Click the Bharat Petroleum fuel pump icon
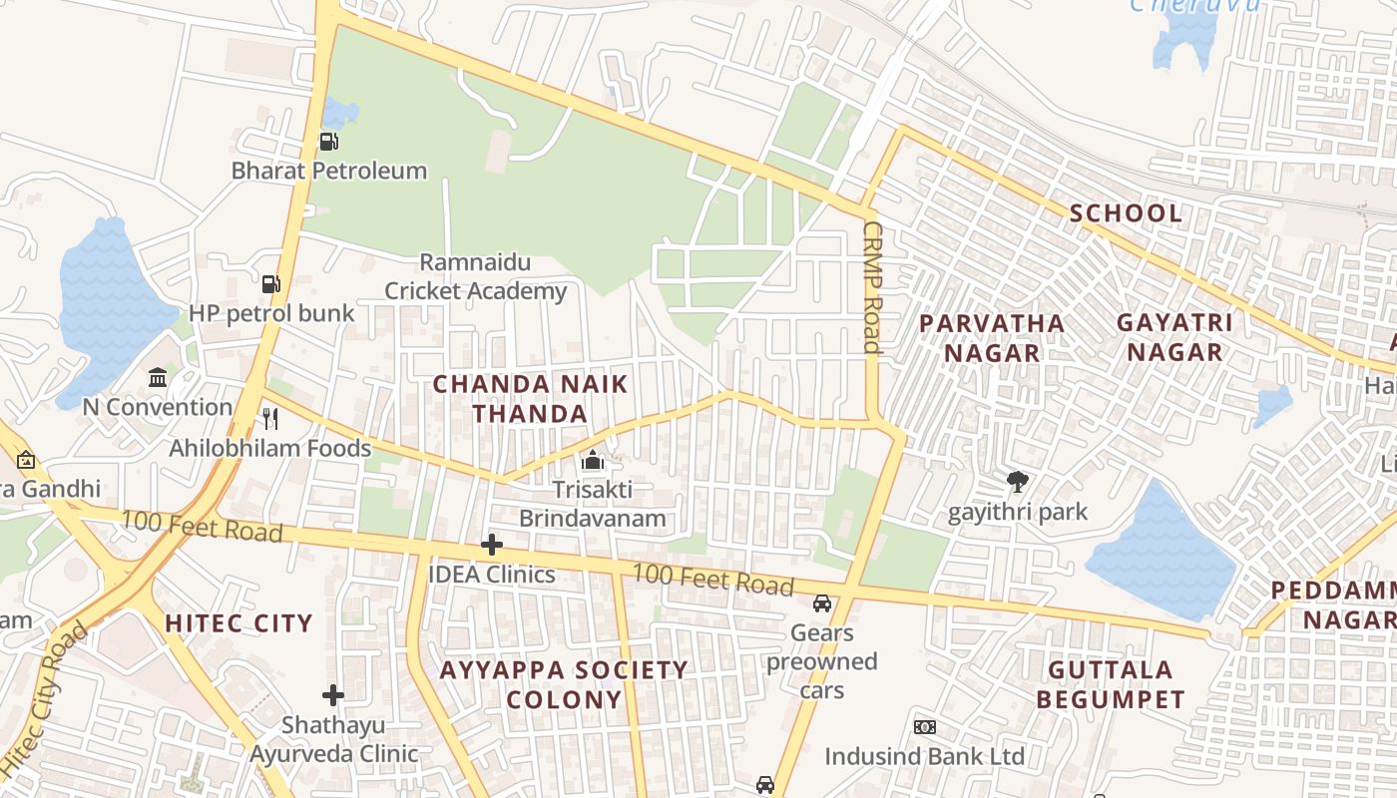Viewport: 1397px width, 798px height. click(x=328, y=142)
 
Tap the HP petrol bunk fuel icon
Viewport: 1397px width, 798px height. click(x=270, y=284)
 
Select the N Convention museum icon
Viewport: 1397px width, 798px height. click(x=158, y=378)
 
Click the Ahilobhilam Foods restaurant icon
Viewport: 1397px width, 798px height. click(x=269, y=419)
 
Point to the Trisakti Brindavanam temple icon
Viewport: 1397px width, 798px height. click(x=593, y=461)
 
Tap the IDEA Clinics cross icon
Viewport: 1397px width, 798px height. click(x=491, y=545)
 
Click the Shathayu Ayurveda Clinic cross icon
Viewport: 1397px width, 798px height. click(x=333, y=694)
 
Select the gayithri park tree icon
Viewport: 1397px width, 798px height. click(x=1017, y=483)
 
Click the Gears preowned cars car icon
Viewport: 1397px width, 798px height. click(x=821, y=603)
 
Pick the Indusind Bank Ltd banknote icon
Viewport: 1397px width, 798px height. click(x=924, y=727)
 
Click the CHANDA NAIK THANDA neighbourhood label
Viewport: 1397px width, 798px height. click(x=530, y=399)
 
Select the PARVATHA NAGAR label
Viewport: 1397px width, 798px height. click(x=991, y=338)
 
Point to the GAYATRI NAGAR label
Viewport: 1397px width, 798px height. click(x=1173, y=337)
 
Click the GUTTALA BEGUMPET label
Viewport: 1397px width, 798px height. click(x=1110, y=683)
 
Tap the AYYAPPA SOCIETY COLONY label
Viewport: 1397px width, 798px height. click(x=564, y=684)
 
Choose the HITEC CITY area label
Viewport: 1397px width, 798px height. click(x=238, y=623)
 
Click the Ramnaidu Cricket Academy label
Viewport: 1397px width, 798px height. click(x=476, y=277)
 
